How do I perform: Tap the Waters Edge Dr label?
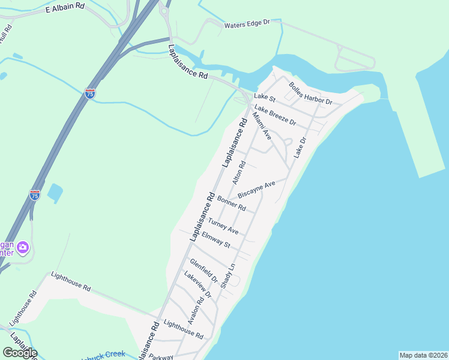(247, 24)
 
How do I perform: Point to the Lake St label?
(264, 97)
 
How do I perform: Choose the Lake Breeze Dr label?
(276, 113)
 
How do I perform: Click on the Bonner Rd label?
(232, 203)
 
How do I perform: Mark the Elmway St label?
(216, 240)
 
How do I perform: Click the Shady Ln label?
(228, 275)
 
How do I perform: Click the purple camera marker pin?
(23, 247)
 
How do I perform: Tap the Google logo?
(20, 352)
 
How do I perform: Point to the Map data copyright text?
(423, 355)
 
